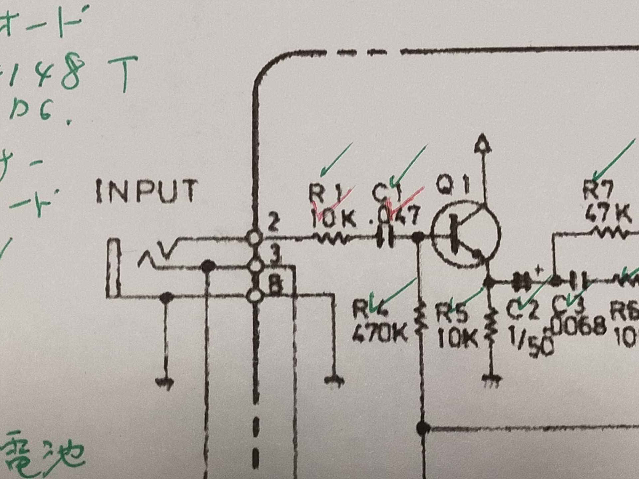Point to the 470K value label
pyautogui.click(x=379, y=333)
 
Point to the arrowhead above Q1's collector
pyautogui.click(x=483, y=144)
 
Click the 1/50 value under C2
pyautogui.click(x=531, y=343)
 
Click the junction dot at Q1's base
pyautogui.click(x=418, y=237)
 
